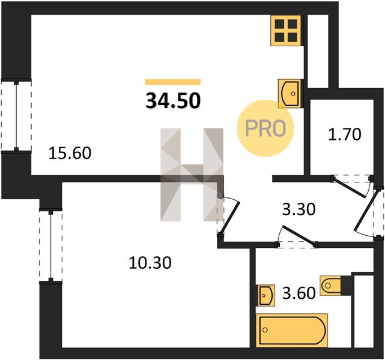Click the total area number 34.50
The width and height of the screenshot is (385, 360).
(x=173, y=101)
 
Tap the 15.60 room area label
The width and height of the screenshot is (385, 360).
(x=70, y=153)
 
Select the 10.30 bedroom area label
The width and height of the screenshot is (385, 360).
(x=150, y=263)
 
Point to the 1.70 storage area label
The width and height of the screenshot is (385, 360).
(x=345, y=134)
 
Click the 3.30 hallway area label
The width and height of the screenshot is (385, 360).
(x=299, y=209)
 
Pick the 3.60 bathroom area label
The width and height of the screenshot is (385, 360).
(x=299, y=293)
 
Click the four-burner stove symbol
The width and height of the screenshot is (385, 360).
(x=286, y=31)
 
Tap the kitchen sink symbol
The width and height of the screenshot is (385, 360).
(x=290, y=94)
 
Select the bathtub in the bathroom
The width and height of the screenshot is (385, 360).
(x=292, y=331)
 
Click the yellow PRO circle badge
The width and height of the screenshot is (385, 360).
(x=265, y=128)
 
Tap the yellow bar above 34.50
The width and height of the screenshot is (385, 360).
(x=173, y=82)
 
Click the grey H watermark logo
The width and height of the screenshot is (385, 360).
(x=192, y=175)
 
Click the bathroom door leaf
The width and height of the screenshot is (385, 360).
(x=299, y=236)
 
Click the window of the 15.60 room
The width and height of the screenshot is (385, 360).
(x=16, y=116)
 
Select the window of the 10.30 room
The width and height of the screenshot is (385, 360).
(x=50, y=245)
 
